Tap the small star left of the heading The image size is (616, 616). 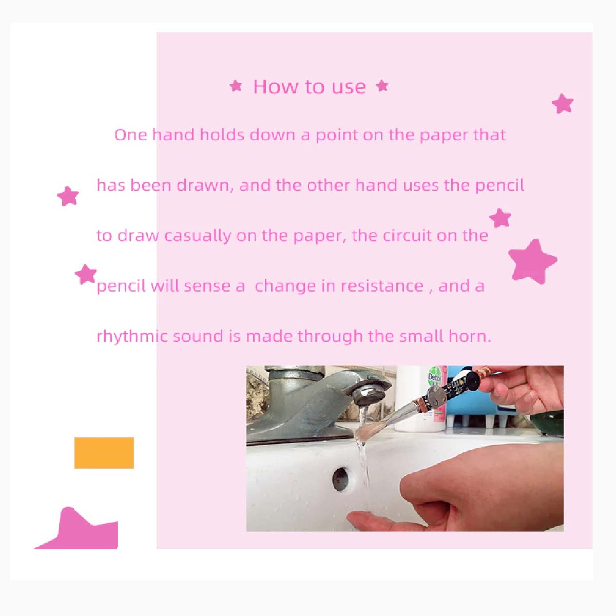(236, 86)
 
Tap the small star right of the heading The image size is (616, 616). (382, 85)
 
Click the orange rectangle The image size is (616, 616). (104, 453)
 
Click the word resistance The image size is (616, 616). (382, 286)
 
